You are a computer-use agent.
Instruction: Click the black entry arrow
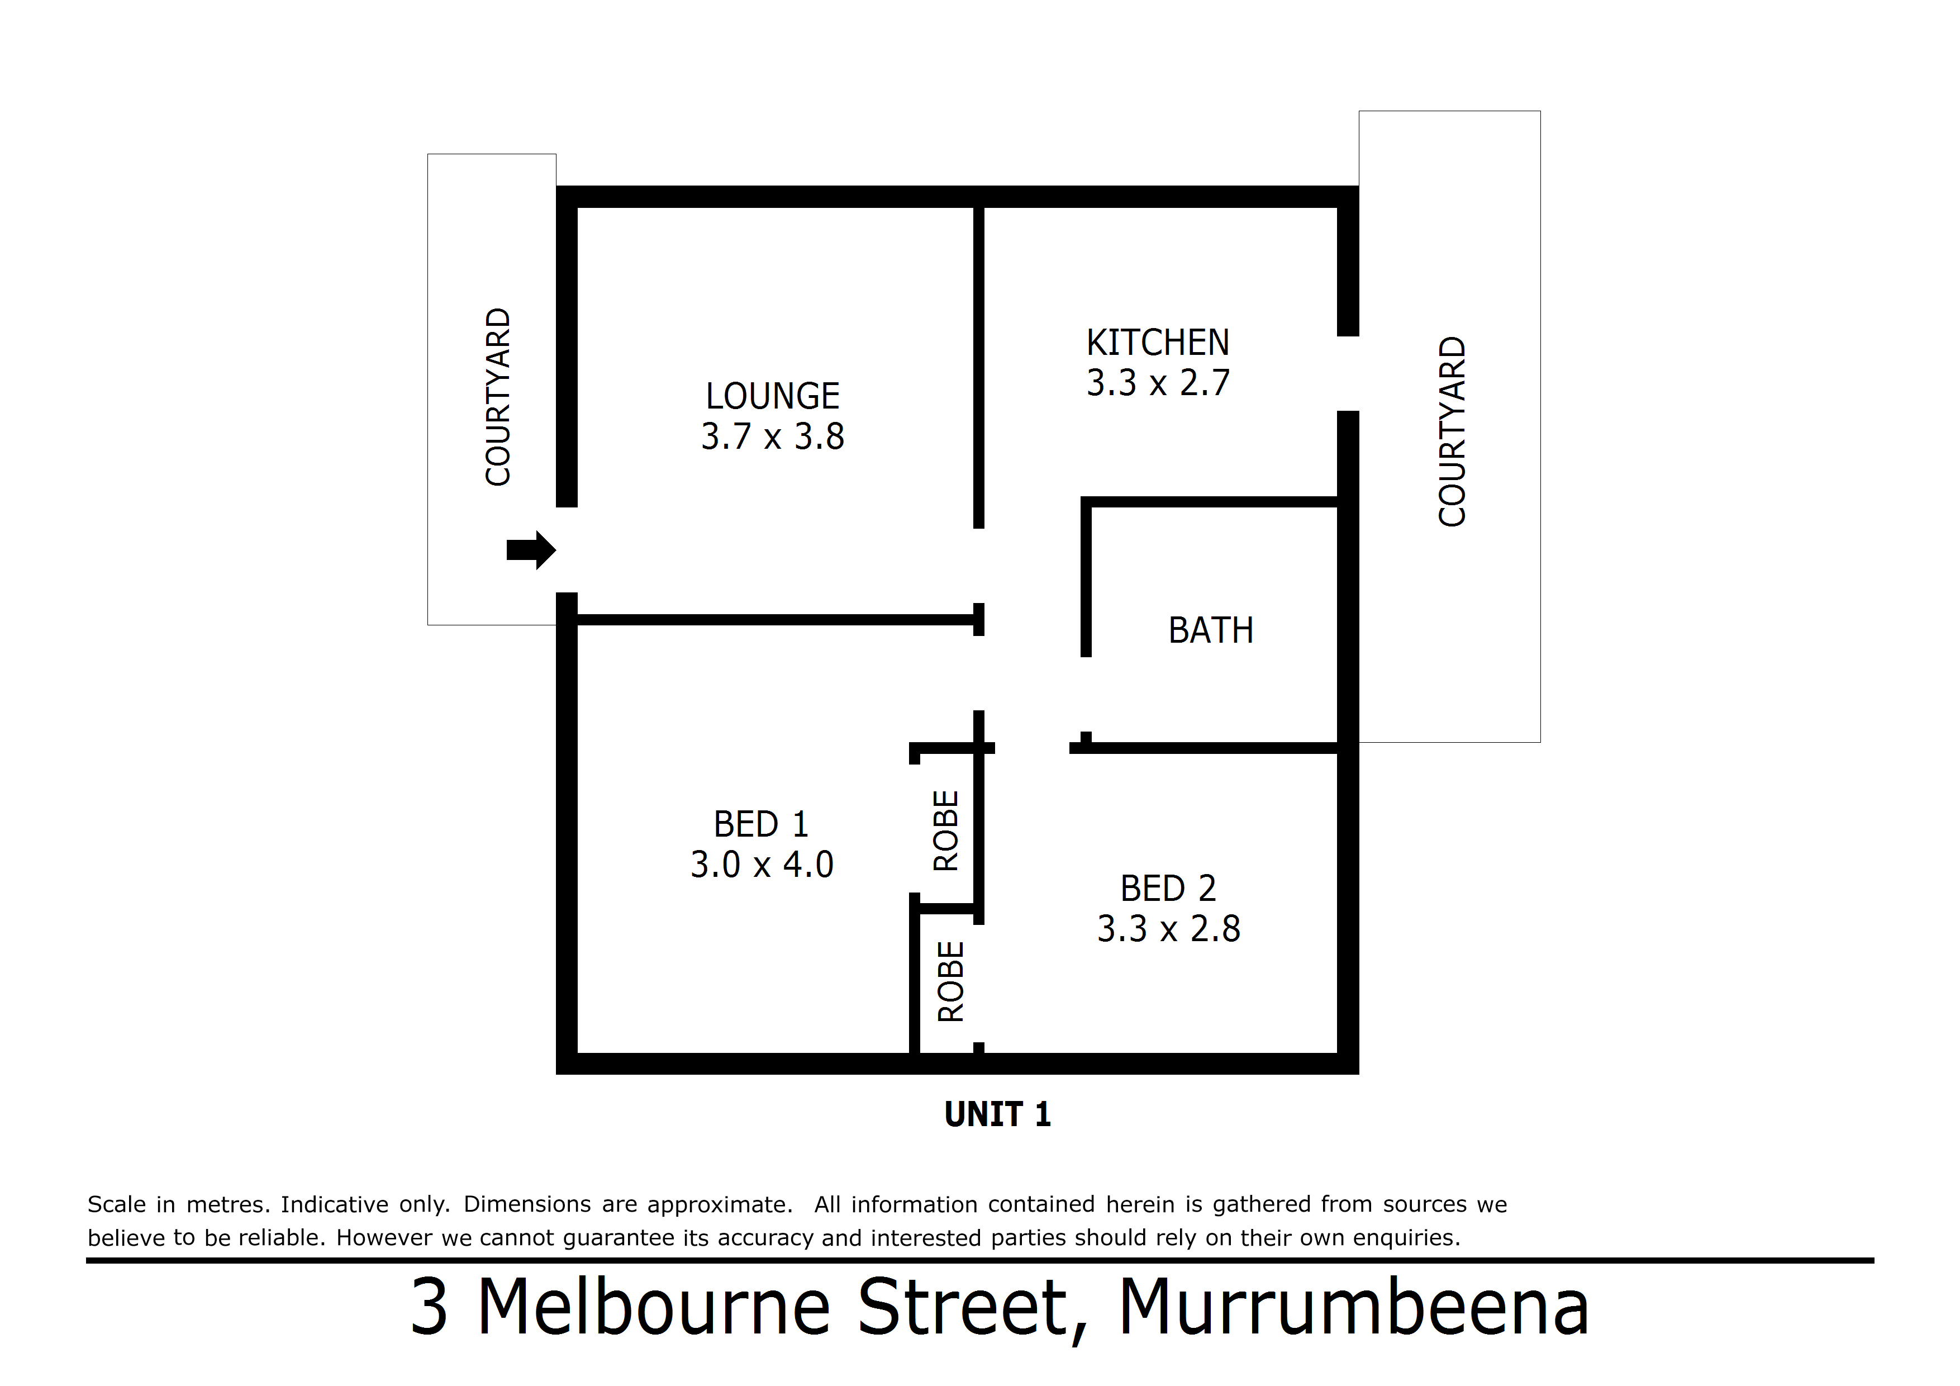click(x=531, y=550)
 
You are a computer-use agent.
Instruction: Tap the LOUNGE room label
click(x=773, y=396)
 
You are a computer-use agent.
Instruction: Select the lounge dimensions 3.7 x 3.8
click(x=773, y=436)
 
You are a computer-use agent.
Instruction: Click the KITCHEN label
click(x=1158, y=343)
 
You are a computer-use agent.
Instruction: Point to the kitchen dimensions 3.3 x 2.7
click(x=1158, y=383)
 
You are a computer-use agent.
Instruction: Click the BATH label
click(x=1211, y=630)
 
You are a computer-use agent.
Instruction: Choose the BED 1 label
click(x=760, y=824)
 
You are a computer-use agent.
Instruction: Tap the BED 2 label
click(x=1168, y=888)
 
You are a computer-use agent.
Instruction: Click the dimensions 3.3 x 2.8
click(x=1168, y=928)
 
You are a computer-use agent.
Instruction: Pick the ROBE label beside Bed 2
click(x=950, y=982)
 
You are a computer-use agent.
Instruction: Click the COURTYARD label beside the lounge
click(x=498, y=397)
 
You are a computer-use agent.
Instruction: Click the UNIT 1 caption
click(x=997, y=1114)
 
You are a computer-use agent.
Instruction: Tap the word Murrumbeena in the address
click(x=1354, y=1307)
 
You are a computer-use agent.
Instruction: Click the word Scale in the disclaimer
click(x=116, y=1204)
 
